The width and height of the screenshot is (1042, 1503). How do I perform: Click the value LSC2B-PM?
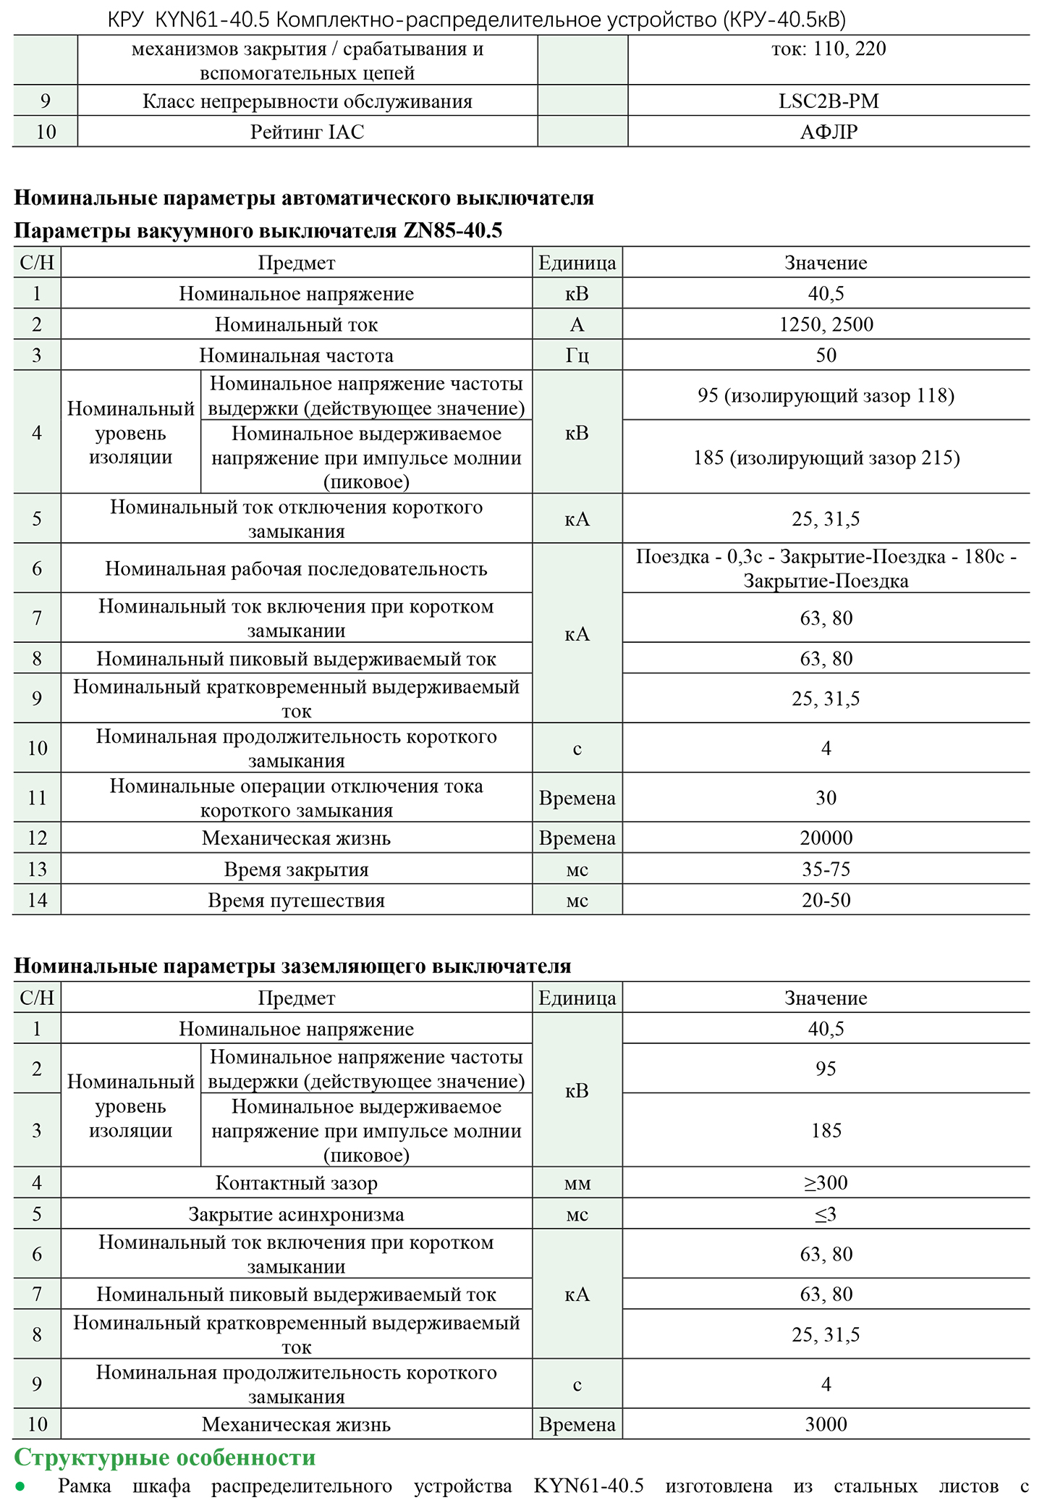pyautogui.click(x=829, y=101)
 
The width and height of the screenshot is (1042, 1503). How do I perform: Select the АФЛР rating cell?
pyautogui.click(x=829, y=132)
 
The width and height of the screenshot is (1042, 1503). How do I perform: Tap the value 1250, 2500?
pyautogui.click(x=826, y=324)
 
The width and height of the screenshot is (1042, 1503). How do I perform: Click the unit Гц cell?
pyautogui.click(x=577, y=355)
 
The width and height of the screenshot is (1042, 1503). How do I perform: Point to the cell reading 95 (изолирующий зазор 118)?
pyautogui.click(x=826, y=395)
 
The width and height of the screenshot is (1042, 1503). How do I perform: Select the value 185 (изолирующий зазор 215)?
pyautogui.click(x=826, y=458)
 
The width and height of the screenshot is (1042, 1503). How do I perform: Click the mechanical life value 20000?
pyautogui.click(x=826, y=838)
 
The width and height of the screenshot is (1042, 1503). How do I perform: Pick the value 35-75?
pyautogui.click(x=826, y=869)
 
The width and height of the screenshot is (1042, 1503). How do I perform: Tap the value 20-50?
pyautogui.click(x=826, y=900)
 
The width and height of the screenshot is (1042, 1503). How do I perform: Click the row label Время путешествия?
pyautogui.click(x=296, y=901)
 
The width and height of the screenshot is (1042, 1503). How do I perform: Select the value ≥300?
pyautogui.click(x=826, y=1183)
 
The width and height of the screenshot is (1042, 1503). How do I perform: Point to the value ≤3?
pyautogui.click(x=826, y=1214)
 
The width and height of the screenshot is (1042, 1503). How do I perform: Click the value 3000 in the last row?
pyautogui.click(x=826, y=1424)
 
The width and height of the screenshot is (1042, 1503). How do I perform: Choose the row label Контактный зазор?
pyautogui.click(x=296, y=1184)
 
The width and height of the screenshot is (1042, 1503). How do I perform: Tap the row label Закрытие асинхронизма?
pyautogui.click(x=296, y=1215)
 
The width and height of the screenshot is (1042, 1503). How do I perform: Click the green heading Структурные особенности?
pyautogui.click(x=165, y=1457)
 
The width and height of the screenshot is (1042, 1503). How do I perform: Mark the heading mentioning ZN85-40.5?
pyautogui.click(x=258, y=231)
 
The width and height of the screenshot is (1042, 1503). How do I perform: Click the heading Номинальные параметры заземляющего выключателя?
pyautogui.click(x=292, y=966)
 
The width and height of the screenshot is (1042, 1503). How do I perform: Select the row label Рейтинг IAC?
pyautogui.click(x=307, y=132)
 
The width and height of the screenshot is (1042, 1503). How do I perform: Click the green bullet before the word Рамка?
pyautogui.click(x=20, y=1487)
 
